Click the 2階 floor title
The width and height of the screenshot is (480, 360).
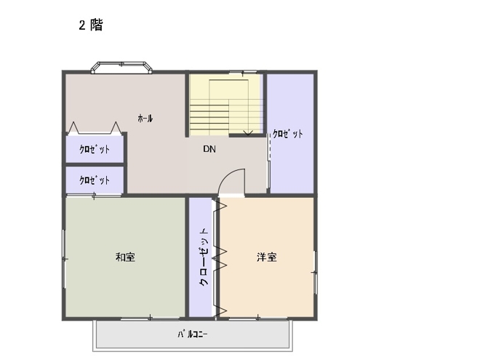[91, 25]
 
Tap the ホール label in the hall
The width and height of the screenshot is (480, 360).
[145, 118]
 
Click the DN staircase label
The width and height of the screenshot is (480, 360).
[209, 149]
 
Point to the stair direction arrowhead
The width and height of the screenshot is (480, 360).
[248, 133]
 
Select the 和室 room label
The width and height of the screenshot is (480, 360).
[125, 257]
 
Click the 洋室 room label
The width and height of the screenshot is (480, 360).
[267, 257]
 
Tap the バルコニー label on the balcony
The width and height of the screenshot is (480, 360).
[193, 334]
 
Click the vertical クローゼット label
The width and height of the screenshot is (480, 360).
[204, 257]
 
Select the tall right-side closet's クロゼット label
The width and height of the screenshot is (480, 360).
[288, 134]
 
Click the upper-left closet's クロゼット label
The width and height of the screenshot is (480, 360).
[95, 149]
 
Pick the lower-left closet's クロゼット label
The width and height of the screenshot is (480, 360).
[95, 180]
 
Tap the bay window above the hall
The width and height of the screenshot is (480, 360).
[121, 68]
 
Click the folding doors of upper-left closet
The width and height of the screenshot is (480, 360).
[95, 128]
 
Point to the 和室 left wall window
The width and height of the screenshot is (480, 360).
[64, 259]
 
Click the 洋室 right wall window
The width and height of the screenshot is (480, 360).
[316, 272]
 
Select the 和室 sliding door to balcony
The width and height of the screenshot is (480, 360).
[150, 319]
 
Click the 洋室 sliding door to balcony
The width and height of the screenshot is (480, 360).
[257, 319]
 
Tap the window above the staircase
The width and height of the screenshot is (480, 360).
[243, 72]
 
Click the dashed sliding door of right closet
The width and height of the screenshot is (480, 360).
[269, 146]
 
